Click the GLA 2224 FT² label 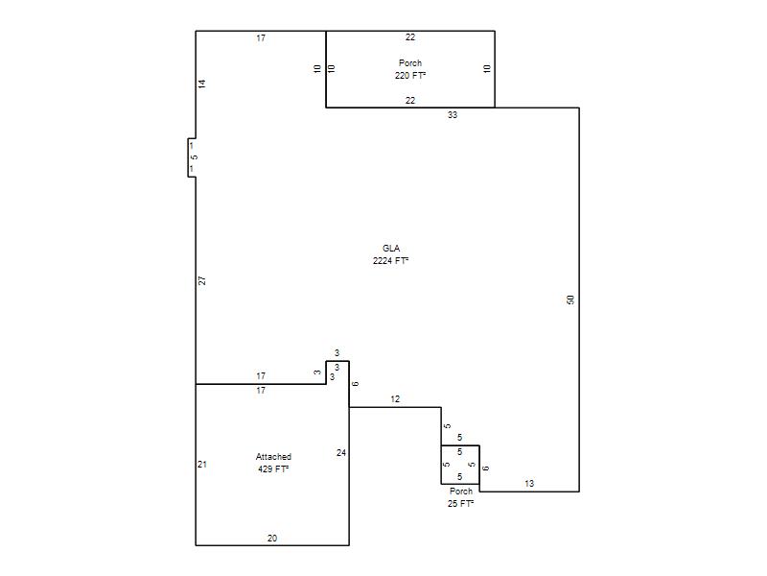click(x=390, y=254)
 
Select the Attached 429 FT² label click(x=273, y=463)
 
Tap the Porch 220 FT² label click(x=410, y=69)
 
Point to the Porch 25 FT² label click(x=461, y=497)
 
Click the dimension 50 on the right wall click(x=570, y=300)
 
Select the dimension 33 click(x=453, y=115)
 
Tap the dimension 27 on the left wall click(x=202, y=280)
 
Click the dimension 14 click(x=202, y=84)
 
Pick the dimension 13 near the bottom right click(x=529, y=484)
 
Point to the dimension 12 click(x=395, y=399)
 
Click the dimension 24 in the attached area click(x=341, y=453)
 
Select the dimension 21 click(x=202, y=465)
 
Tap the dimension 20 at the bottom click(x=272, y=539)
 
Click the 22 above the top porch click(x=410, y=37)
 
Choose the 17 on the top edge click(x=261, y=37)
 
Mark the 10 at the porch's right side click(x=487, y=69)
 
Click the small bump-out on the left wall click(x=192, y=157)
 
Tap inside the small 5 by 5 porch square click(x=460, y=465)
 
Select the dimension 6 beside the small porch click(x=485, y=468)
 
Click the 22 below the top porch click(x=410, y=101)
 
